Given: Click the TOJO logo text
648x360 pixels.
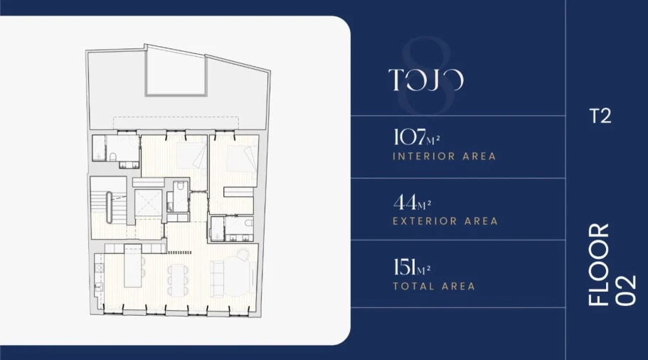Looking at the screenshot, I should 426,80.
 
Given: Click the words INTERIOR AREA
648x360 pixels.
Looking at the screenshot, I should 444,156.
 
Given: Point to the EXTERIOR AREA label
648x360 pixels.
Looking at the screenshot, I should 445,221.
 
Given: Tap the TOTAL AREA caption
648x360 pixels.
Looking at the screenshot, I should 434,287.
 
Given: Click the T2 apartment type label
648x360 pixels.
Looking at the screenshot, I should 600,117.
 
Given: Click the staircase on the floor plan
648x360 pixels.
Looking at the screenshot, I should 108,207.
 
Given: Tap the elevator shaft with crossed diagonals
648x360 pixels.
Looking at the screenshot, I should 147,203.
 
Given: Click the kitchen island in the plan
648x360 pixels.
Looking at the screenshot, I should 133,266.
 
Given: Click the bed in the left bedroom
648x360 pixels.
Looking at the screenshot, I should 188,155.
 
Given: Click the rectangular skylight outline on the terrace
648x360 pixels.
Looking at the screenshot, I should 176,70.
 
